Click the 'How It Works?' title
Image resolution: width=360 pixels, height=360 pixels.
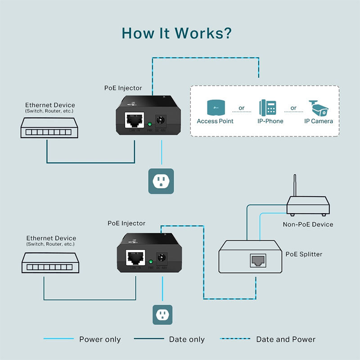[176, 33]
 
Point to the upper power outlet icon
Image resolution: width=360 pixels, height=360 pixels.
[161, 181]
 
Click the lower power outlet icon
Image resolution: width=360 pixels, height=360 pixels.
[161, 315]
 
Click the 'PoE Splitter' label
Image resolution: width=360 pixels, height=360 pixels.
[304, 254]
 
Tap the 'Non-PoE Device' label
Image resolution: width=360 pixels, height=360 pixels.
[308, 224]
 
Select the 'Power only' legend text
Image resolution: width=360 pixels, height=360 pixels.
[100, 339]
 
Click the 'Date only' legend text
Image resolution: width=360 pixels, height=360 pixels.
[187, 339]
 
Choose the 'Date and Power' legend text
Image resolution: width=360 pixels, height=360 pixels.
[286, 339]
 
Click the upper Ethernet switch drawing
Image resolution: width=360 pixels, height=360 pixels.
[46, 128]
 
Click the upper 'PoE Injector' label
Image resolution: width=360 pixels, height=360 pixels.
[123, 88]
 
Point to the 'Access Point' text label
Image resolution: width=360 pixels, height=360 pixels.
[215, 121]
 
